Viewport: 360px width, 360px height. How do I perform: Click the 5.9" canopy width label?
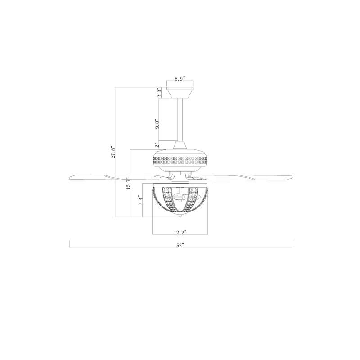click(180, 79)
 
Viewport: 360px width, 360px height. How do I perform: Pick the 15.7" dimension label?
click(128, 182)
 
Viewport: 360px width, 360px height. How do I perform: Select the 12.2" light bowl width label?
click(180, 233)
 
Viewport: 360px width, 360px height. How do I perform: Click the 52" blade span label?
click(180, 246)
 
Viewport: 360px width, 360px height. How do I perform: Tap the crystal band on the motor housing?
click(180, 159)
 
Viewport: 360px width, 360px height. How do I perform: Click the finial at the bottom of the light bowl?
click(180, 218)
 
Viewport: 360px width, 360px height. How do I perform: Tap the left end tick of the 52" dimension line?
click(69, 244)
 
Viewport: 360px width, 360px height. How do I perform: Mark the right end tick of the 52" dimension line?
click(292, 244)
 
